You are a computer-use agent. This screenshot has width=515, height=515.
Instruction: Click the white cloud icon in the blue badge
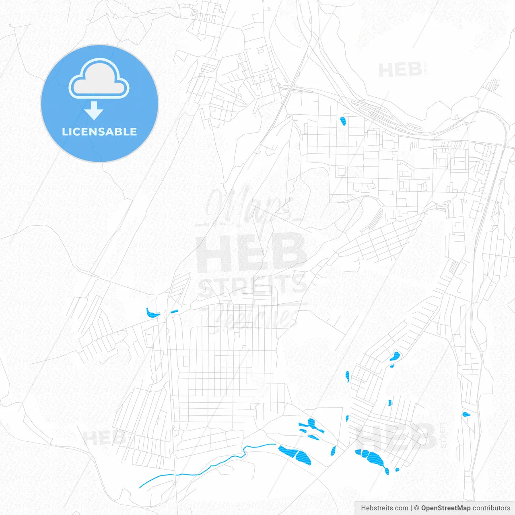click(x=99, y=79)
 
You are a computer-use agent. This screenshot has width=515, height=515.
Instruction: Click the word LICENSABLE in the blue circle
click(x=99, y=132)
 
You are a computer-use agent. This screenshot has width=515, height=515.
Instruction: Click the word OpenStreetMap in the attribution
click(x=445, y=508)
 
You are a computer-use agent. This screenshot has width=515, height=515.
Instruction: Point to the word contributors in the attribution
click(x=491, y=508)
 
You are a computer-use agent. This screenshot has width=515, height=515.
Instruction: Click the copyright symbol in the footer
click(x=416, y=508)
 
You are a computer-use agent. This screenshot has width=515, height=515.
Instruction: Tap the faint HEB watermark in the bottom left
click(x=104, y=438)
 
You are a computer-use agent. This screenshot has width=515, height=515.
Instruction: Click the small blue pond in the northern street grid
click(x=343, y=121)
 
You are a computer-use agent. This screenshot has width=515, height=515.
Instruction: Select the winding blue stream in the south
click(x=209, y=467)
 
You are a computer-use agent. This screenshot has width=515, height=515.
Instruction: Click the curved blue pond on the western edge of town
click(x=152, y=313)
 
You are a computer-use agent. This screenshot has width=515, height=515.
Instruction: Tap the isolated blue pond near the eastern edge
click(x=466, y=414)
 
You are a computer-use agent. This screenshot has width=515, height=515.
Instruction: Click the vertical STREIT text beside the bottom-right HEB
click(x=443, y=435)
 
